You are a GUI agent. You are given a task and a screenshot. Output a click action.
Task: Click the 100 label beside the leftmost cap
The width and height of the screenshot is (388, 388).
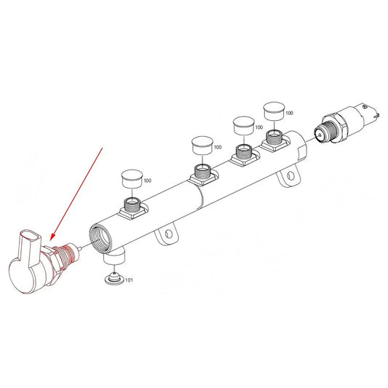pyautogui.click(x=147, y=180)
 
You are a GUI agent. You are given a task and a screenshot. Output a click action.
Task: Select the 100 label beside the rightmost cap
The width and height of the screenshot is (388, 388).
pyautogui.click(x=289, y=113)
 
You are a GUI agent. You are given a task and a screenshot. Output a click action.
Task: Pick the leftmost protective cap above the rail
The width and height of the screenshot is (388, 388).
pyautogui.click(x=130, y=178)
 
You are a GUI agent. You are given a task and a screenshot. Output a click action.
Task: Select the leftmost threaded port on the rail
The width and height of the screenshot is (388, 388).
pyautogui.click(x=134, y=205)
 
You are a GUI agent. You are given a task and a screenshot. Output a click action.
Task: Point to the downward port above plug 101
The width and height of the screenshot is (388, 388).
pyautogui.click(x=115, y=256)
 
